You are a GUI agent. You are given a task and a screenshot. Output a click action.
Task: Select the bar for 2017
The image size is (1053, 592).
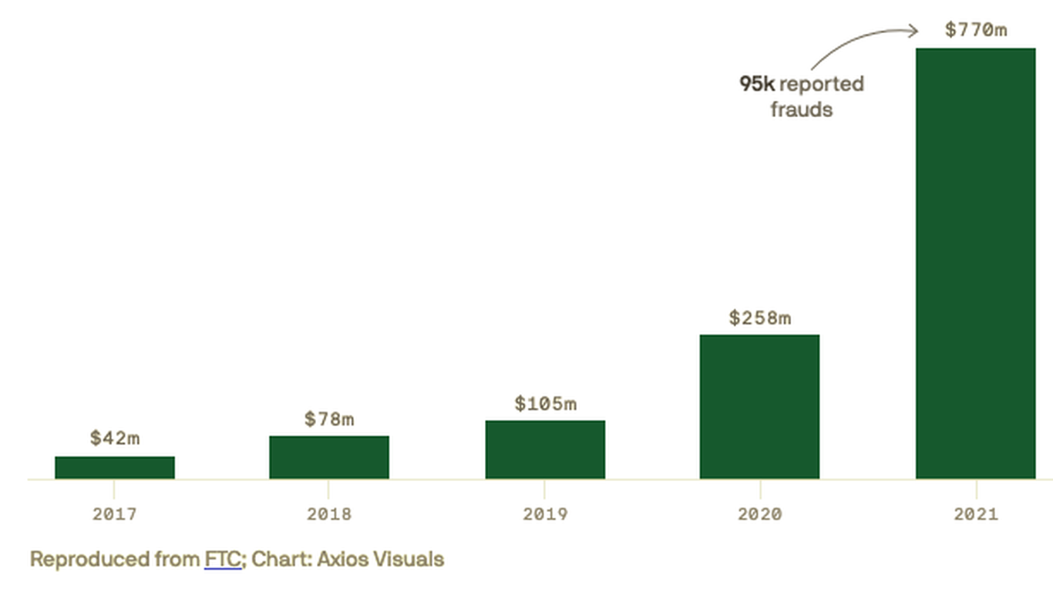point(115,467)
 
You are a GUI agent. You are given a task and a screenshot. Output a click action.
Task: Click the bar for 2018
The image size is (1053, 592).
point(329,457)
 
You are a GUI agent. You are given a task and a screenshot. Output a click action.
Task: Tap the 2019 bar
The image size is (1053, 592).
point(545,449)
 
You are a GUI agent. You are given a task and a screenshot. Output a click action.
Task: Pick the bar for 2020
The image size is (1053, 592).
point(759,406)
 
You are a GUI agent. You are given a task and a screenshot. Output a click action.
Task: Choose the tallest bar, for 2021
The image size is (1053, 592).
point(975,263)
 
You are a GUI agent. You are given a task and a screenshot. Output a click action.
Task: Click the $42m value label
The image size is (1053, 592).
point(115,438)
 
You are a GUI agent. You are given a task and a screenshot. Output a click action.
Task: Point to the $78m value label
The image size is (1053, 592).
point(329,419)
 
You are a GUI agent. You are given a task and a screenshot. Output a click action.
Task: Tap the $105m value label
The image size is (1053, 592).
point(545,403)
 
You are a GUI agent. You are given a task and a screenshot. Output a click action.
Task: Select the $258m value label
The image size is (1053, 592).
point(759,318)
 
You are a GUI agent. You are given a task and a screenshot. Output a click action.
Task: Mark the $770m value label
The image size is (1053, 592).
point(975,30)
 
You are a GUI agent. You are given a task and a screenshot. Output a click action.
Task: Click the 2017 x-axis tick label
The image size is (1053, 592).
point(115,514)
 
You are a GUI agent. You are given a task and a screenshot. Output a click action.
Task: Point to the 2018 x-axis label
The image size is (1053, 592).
point(329,514)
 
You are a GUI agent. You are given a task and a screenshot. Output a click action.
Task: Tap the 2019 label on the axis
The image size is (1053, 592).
point(545,514)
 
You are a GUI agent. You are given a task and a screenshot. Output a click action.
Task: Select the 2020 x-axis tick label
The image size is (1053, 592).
point(759,514)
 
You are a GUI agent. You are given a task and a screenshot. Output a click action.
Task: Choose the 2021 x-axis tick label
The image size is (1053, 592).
point(975,514)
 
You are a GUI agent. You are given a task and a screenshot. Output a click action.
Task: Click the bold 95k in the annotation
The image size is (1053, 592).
point(757,84)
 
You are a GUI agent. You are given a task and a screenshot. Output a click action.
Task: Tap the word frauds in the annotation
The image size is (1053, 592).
point(802,109)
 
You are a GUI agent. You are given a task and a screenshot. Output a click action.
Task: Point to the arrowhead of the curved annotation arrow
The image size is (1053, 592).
point(914,31)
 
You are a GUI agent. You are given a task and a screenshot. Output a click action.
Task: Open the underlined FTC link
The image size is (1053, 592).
point(223,559)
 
